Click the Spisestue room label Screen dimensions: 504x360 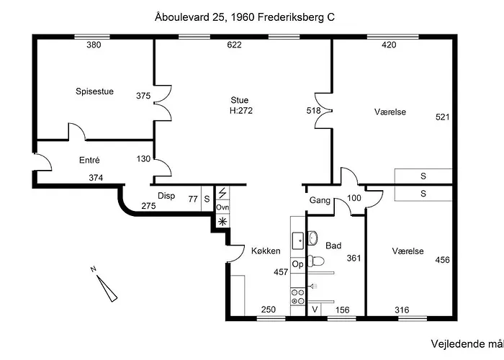pos(94,91)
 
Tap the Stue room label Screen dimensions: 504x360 pos(240,100)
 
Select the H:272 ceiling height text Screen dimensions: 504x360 pos(241,111)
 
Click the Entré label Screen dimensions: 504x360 pos(89,160)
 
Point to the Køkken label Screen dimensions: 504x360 pos(266,251)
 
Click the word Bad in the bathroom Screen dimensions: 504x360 pos(333,246)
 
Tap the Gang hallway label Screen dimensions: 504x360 pos(320,201)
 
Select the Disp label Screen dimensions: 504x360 pos(166,196)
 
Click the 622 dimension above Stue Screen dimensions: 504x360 pos(234,45)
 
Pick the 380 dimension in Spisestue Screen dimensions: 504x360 pos(94,45)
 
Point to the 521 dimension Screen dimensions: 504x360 pos(442,117)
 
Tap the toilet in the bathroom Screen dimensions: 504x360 pos(315,261)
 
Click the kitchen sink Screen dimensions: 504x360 pos(298,240)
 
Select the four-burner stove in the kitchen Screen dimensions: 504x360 pos(297,297)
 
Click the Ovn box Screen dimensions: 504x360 pos(222,207)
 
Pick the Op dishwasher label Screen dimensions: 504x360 pos(297,264)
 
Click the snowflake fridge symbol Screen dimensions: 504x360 pos(222,221)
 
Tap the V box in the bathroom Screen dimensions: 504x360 pos(315,310)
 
